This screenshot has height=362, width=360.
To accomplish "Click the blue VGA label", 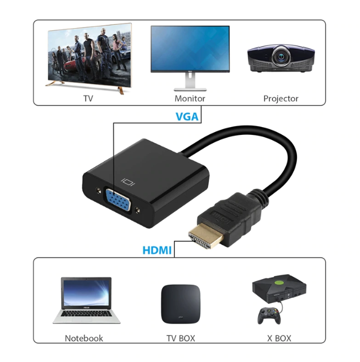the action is click(187, 117).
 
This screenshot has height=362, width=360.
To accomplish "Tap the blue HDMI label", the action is click(157, 250).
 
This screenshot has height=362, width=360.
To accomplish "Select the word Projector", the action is click(280, 98).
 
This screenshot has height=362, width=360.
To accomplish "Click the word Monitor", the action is click(190, 98).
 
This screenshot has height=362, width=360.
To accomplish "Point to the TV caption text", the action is click(88, 98).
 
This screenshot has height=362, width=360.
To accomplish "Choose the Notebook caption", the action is click(84, 338).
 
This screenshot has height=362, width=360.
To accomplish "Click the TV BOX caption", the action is click(181, 338).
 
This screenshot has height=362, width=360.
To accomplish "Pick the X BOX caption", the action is click(279, 338).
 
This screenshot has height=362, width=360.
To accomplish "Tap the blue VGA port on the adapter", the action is click(118, 200).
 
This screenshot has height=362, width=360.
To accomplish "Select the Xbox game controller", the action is click(269, 316).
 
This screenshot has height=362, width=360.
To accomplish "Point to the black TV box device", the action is click(181, 304).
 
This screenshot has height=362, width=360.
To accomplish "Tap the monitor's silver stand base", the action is click(190, 89).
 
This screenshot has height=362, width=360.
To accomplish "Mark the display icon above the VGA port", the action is click(128, 182).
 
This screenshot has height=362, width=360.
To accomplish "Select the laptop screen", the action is click(86, 292).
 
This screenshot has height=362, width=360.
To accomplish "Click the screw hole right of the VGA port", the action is click(137, 210).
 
